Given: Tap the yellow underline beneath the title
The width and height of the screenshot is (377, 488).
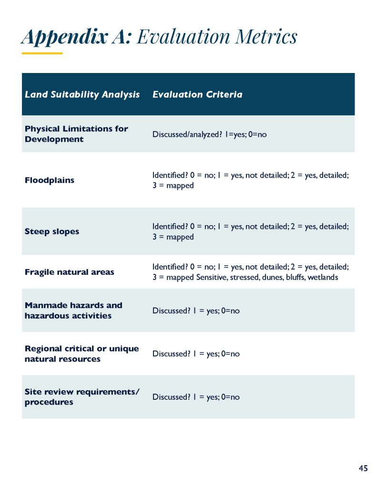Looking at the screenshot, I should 42,53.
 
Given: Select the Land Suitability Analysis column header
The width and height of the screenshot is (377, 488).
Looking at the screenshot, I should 82,94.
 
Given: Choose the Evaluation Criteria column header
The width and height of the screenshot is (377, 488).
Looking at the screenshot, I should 197,94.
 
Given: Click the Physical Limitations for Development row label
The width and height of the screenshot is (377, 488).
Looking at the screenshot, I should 76,134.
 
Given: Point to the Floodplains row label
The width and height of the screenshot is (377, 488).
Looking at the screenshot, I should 50,180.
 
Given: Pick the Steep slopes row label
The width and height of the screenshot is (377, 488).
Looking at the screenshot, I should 52,231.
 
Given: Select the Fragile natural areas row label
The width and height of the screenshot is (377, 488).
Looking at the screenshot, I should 70,272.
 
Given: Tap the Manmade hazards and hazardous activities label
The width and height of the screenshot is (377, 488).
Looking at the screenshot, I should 73,311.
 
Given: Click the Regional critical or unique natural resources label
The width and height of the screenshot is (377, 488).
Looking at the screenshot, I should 82,353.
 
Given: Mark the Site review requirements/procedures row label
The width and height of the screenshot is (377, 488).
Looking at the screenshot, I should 82,397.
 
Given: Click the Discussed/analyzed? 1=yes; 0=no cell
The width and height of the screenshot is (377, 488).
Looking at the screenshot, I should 210,135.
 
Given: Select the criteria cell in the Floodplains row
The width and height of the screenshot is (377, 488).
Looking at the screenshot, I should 250,180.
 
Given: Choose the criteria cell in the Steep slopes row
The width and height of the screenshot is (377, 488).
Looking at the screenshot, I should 250,231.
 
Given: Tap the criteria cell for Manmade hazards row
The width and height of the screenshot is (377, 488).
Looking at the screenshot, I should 196,311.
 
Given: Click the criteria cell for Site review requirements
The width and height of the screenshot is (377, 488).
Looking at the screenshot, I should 196,397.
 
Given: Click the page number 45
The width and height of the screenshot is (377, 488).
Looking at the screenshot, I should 363,468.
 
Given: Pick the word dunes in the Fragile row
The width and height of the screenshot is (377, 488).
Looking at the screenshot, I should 272,277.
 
